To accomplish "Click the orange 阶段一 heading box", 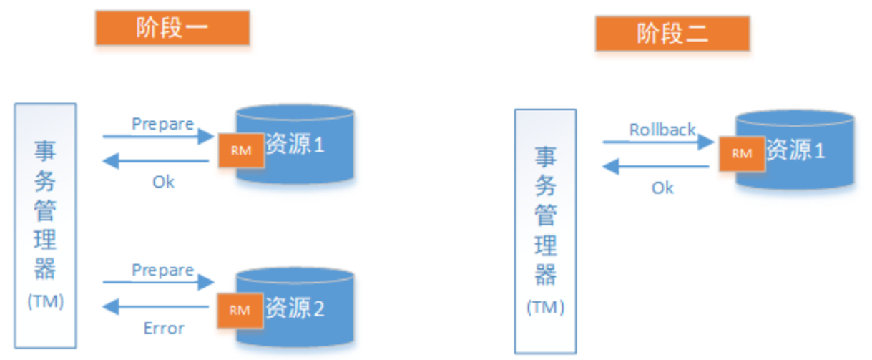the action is pyautogui.click(x=172, y=28).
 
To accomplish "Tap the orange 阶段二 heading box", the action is pyautogui.click(x=672, y=34).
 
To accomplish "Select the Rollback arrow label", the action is pyautogui.click(x=662, y=130).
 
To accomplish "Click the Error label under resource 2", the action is pyautogui.click(x=164, y=329).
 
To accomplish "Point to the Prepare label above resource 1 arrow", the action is pyautogui.click(x=162, y=124).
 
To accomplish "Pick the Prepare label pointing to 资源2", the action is pyautogui.click(x=162, y=271).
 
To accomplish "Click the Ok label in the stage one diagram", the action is pyautogui.click(x=163, y=182).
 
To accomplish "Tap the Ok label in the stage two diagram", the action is pyautogui.click(x=662, y=188).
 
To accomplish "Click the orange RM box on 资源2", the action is pyautogui.click(x=240, y=310).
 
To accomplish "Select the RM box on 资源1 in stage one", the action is pyautogui.click(x=240, y=150).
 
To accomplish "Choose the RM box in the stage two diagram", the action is pyautogui.click(x=741, y=153).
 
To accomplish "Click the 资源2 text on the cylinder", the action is pyautogui.click(x=295, y=309).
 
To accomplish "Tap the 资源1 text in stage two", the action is pyautogui.click(x=795, y=150).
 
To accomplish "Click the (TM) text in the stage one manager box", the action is pyautogui.click(x=46, y=301).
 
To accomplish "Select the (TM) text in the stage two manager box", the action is pyautogui.click(x=545, y=308).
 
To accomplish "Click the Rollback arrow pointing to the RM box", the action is pyautogui.click(x=658, y=142).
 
